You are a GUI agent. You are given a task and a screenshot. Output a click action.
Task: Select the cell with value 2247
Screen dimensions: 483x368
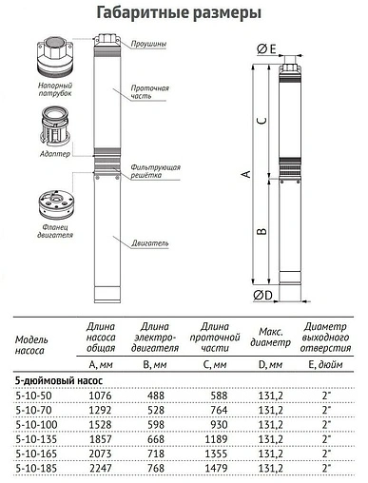tap(100, 470)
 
